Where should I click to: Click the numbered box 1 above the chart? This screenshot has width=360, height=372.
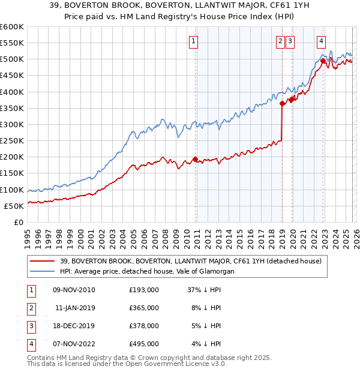[x=194, y=41]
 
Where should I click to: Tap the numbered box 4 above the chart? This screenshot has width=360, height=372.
[x=322, y=41]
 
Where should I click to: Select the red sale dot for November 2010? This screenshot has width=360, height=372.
[x=195, y=159]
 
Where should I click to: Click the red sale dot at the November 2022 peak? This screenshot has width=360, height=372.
[x=323, y=61]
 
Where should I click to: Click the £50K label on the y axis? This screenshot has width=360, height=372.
[x=14, y=206]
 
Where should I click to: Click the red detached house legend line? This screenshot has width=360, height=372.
[x=43, y=261]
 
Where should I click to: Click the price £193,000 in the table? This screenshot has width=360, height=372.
[x=144, y=290]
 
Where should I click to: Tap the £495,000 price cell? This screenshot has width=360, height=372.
[x=144, y=344]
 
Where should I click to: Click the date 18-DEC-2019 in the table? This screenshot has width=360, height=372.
[x=74, y=326]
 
